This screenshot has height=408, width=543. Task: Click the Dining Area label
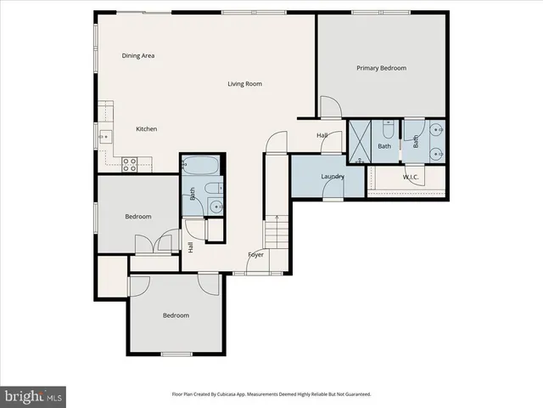[x=137, y=56]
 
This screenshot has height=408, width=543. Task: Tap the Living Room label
[x=244, y=83]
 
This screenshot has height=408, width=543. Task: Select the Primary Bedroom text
[x=381, y=68]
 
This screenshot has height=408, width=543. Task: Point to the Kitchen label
[x=147, y=129]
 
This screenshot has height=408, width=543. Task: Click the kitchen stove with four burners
[x=131, y=164]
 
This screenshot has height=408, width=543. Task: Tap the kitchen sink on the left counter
[x=105, y=136]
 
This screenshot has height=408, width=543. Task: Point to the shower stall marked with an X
[x=360, y=142]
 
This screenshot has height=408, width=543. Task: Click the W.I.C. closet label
[x=411, y=177]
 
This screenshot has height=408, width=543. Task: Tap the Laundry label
[x=332, y=177]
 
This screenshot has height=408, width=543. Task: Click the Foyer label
[x=255, y=255]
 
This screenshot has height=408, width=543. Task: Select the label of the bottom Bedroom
[x=176, y=315]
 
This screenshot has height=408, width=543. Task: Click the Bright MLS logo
[x=32, y=395]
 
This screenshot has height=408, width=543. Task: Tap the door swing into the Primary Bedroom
[x=330, y=108]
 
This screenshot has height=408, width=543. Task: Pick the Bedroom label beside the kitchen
[x=137, y=217]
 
